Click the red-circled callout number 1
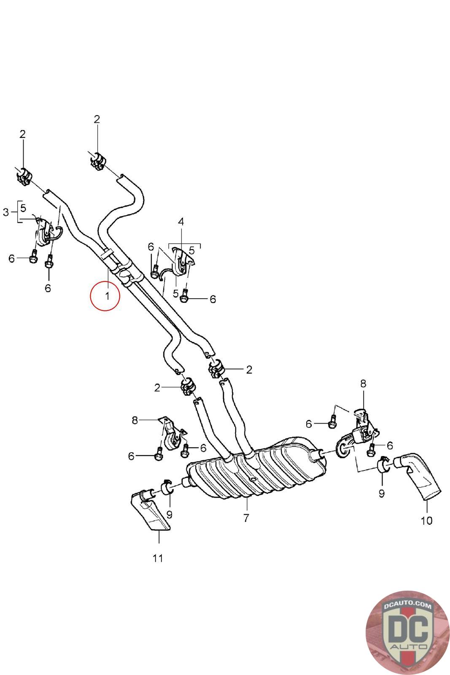107,296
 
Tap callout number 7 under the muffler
246,518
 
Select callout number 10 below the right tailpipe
427,520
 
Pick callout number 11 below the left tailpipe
158,558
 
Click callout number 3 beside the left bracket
6,212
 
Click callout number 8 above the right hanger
363,383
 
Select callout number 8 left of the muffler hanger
135,420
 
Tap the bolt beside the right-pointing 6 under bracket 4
184,298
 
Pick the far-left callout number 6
12,258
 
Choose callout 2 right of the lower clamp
249,370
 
